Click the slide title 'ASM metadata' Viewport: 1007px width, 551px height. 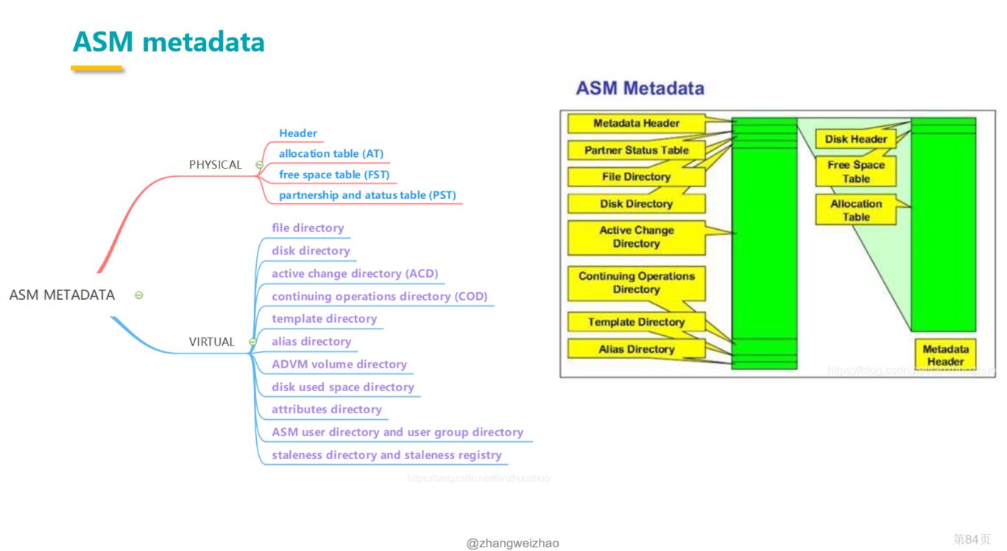(169, 42)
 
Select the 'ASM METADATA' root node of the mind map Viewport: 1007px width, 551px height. (62, 295)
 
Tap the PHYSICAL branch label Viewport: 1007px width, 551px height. (215, 164)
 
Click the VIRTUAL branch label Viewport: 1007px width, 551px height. (211, 342)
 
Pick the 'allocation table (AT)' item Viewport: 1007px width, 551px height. (331, 154)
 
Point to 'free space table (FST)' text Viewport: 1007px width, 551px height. (333, 175)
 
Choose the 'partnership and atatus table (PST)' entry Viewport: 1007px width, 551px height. (367, 195)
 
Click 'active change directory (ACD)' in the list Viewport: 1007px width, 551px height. (354, 273)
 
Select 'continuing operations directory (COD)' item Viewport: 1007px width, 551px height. (379, 296)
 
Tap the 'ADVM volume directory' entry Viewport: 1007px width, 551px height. (339, 364)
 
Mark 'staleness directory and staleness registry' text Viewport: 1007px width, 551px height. (386, 455)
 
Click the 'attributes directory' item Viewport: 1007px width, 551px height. (326, 410)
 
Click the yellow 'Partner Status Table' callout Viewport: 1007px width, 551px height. (636, 150)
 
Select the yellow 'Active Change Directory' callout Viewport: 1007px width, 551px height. (636, 237)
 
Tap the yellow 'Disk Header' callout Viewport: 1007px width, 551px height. (855, 138)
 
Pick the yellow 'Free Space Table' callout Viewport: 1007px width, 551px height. (855, 172)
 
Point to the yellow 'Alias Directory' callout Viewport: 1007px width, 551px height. (636, 349)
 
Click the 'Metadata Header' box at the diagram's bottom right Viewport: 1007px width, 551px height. (945, 355)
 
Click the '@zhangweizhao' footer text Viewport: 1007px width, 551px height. (512, 543)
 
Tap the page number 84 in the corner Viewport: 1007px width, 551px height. (971, 539)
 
